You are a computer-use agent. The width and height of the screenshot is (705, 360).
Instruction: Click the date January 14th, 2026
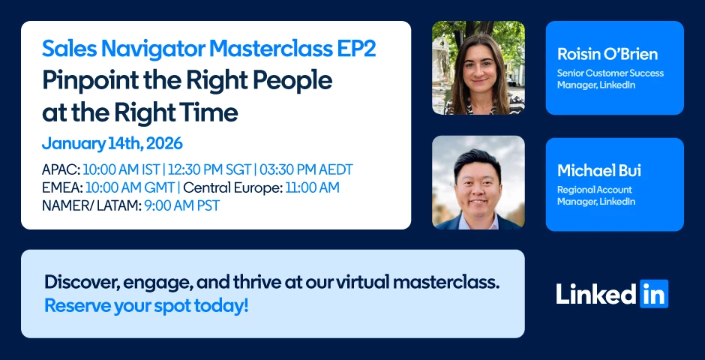click(112, 144)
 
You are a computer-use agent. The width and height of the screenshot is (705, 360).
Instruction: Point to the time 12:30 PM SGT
click(208, 170)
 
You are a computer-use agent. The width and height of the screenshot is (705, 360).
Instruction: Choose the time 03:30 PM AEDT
click(305, 170)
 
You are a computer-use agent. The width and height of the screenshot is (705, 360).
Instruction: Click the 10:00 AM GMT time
click(130, 187)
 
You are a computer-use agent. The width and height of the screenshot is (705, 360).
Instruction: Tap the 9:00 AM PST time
click(182, 205)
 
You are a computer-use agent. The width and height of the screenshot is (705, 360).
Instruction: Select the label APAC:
click(61, 170)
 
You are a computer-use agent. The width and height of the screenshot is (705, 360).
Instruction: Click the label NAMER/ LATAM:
click(91, 205)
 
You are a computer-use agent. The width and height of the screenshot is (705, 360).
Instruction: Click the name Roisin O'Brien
click(607, 55)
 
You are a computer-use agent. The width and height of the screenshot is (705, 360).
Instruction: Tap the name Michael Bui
click(599, 171)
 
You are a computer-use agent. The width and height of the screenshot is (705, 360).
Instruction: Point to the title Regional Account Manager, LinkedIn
click(596, 196)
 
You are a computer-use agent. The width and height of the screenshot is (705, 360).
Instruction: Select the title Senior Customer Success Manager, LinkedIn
click(610, 79)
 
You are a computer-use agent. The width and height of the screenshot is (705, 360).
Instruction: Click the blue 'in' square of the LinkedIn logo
click(654, 294)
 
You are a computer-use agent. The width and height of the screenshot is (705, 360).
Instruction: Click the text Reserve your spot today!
click(146, 306)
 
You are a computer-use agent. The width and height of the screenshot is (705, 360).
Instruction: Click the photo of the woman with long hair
click(478, 67)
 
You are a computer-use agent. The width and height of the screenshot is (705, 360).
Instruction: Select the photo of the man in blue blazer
click(478, 182)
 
